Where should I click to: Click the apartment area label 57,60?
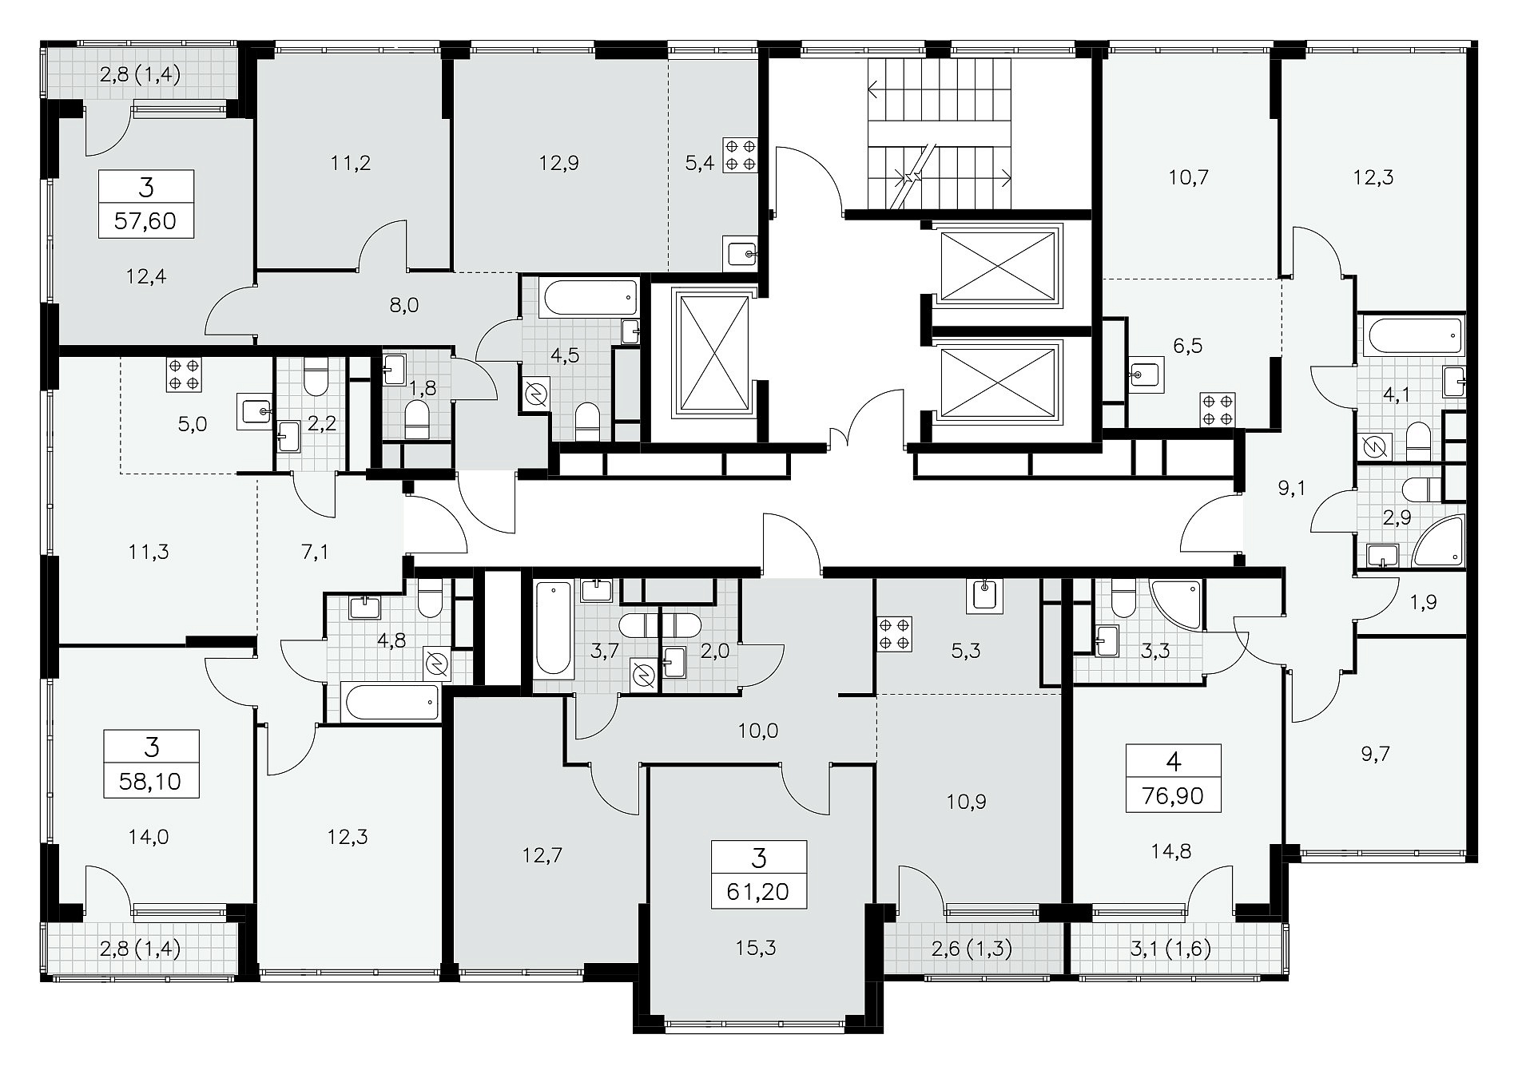click(146, 220)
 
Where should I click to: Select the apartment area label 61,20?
click(759, 890)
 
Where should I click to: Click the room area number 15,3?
click(759, 948)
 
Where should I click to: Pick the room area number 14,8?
click(1173, 852)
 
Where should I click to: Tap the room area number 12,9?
click(559, 164)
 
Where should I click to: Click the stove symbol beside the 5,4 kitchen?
click(739, 155)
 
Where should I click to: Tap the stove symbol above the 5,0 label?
click(185, 374)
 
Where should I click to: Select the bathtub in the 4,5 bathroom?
click(591, 298)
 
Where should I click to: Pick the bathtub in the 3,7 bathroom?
click(554, 628)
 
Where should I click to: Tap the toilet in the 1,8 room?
click(417, 418)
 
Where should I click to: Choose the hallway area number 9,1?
click(1291, 488)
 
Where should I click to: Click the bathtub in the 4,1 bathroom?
click(1415, 335)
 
